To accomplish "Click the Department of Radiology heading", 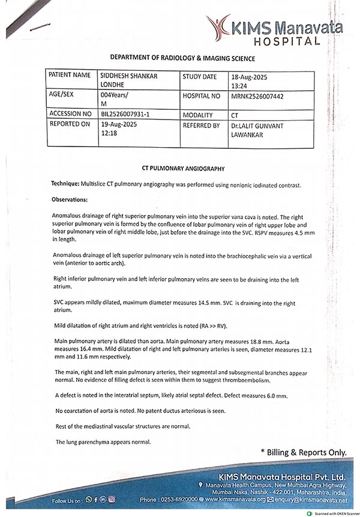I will click(x=183, y=58).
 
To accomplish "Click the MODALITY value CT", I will click(x=235, y=114).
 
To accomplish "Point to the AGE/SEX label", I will click(x=62, y=95).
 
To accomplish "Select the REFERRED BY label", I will click(x=200, y=125).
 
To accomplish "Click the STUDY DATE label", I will click(x=200, y=77).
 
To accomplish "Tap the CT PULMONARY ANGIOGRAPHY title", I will click(x=182, y=169).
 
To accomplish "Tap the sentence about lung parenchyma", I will click(x=103, y=442).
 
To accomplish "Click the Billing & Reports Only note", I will click(x=304, y=452).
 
